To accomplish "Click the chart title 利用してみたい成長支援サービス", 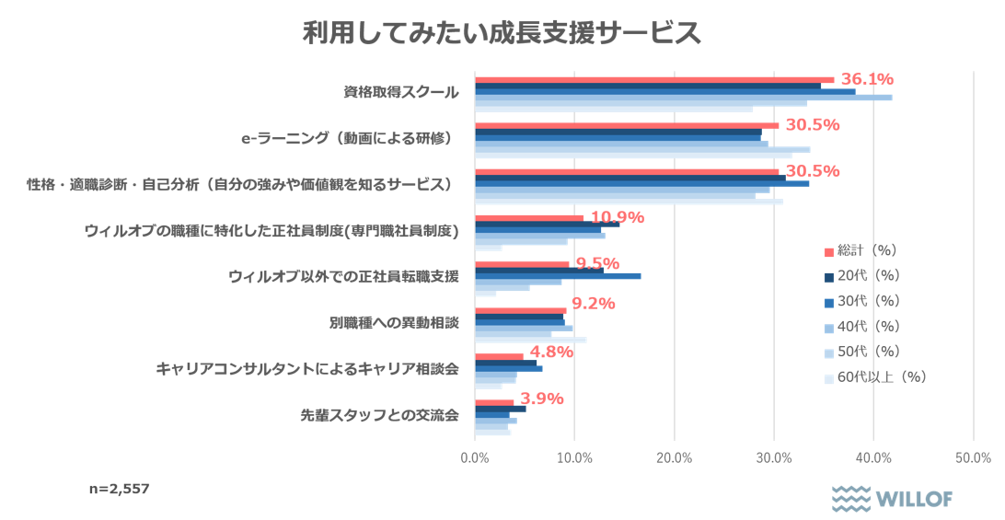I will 502,34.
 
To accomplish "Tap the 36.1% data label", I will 867,79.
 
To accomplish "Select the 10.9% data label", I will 617,218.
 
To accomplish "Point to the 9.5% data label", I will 597,264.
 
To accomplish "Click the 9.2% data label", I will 594,304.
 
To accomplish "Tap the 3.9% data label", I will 542,399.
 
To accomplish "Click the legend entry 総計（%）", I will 861,250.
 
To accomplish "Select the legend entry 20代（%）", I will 861,275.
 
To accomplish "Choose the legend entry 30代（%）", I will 861,301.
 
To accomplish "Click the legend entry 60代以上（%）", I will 873,376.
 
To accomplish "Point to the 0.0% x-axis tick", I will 475,457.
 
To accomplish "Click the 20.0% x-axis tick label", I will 675,457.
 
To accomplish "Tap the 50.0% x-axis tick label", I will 974,457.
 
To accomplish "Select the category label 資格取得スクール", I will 400,93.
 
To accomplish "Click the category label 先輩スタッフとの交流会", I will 379,415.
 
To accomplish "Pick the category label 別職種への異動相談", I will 394,323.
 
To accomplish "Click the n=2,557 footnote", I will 120,489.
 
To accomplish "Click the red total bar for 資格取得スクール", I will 653,80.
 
